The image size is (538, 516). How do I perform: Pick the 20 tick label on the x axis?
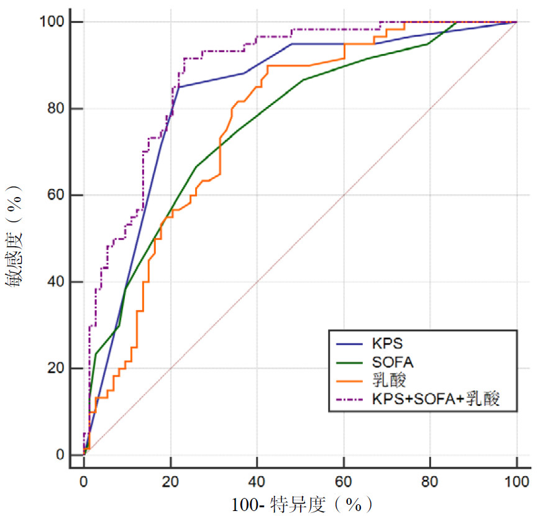pos(170,482)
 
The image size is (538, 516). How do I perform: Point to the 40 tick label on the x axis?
pos(257,482)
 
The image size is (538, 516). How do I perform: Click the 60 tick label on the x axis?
pos(344,482)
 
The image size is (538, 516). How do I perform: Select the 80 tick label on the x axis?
pos(430,482)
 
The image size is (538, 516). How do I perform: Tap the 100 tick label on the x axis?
pos(517,482)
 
